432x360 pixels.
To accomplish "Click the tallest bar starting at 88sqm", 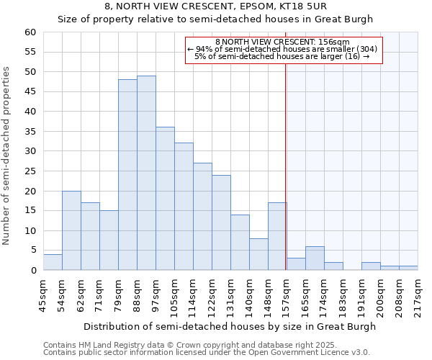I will pos(146,173).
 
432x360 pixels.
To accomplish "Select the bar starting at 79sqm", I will pos(127,175).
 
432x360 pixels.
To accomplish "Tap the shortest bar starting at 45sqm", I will pos(53,262).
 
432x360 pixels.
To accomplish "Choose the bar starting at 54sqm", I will pos(71,230).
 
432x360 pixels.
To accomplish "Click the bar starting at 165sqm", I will pos(315,258).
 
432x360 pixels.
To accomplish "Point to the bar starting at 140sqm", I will pos(258,254).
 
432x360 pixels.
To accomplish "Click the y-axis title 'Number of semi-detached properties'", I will pos(7,156).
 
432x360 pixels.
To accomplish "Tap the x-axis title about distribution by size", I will pos(230,326).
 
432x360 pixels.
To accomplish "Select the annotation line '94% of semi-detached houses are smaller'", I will pos(282,49).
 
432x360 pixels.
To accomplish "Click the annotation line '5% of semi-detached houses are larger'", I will pos(282,56).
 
